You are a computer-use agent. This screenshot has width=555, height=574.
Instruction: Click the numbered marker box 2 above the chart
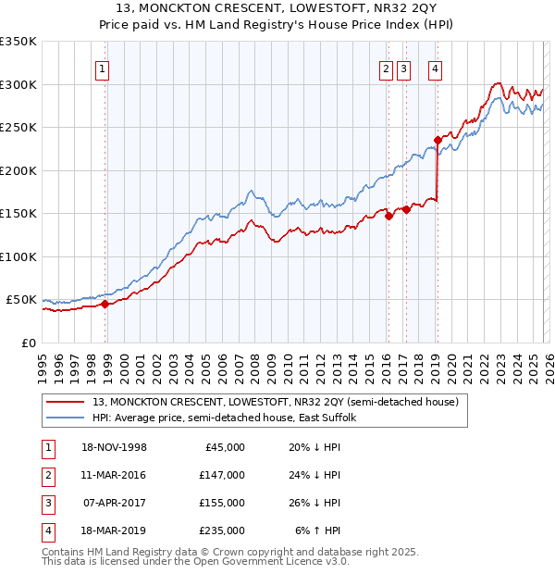click(385, 68)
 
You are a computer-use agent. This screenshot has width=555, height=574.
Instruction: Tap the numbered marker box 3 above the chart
click(404, 68)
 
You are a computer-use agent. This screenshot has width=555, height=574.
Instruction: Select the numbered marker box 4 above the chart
click(435, 68)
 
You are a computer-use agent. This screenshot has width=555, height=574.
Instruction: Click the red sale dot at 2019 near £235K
click(438, 141)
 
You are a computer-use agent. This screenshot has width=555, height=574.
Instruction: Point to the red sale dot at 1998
click(105, 304)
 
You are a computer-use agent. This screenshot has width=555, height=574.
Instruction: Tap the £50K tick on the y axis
click(21, 300)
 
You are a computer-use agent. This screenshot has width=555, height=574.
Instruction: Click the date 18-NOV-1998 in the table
click(115, 447)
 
